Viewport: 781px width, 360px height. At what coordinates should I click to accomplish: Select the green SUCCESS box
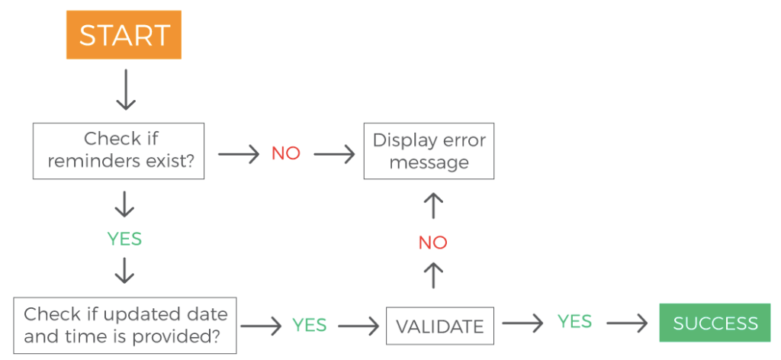coord(715,323)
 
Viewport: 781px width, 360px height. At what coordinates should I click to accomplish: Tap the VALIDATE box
coord(440,326)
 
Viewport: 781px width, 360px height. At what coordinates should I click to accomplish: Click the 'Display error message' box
coord(429,151)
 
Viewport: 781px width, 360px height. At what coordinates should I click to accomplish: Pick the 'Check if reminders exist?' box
coord(118,151)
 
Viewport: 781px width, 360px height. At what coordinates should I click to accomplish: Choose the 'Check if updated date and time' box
coord(126,325)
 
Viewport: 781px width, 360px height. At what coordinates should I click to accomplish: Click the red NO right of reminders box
coord(286,153)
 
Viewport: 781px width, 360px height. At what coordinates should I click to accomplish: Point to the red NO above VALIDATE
coord(432,243)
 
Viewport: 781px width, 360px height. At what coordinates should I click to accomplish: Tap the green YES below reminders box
coord(124,239)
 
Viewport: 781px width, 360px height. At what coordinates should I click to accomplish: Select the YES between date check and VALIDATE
coord(310,326)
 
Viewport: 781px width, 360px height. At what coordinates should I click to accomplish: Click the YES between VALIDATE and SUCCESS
coord(574,322)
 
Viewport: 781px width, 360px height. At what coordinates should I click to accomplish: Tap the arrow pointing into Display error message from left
coord(334,155)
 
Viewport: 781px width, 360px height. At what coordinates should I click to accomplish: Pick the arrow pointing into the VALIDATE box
coord(358,326)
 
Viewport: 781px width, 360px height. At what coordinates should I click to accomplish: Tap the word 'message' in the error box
coord(429,162)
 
